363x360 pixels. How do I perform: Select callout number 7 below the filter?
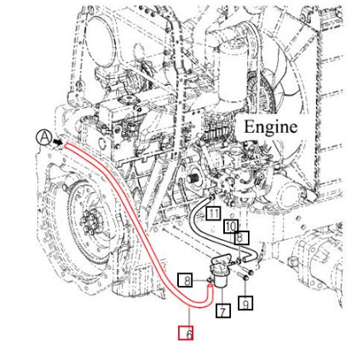coord(222,311)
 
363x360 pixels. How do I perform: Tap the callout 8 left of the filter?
coord(185,280)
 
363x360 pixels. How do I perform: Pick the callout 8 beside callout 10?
coord(242,238)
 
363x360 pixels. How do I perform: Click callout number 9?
coord(245,301)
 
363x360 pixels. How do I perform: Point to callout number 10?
coord(231,226)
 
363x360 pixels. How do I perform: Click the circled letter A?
coord(42,137)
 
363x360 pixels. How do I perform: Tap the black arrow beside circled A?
coord(56,142)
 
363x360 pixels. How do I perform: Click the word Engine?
coord(271,127)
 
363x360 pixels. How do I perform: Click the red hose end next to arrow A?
coord(66,146)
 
